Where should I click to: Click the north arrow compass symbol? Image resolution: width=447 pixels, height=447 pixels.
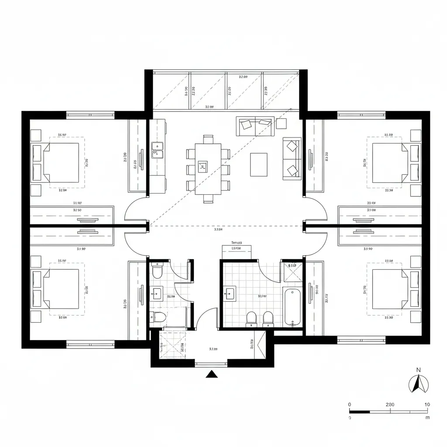pyautogui.click(x=418, y=384)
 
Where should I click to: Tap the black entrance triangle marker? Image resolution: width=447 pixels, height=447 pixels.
pyautogui.click(x=212, y=374)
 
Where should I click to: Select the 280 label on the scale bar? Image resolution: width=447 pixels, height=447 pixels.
pyautogui.click(x=390, y=404)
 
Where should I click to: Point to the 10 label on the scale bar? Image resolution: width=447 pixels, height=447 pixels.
pyautogui.click(x=427, y=404)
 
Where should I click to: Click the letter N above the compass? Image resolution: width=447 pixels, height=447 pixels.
pyautogui.click(x=418, y=370)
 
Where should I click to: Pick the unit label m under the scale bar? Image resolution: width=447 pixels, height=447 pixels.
pyautogui.click(x=427, y=417)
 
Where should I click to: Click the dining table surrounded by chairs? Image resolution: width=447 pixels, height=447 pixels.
pyautogui.click(x=208, y=168)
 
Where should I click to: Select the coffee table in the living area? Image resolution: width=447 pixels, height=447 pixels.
pyautogui.click(x=259, y=165)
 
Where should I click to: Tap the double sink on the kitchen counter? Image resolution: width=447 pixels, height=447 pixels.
pyautogui.click(x=157, y=151)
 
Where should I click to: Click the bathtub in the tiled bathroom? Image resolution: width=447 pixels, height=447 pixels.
pyautogui.click(x=292, y=306)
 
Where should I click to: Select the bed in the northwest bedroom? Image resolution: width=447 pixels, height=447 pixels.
pyautogui.click(x=57, y=162)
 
